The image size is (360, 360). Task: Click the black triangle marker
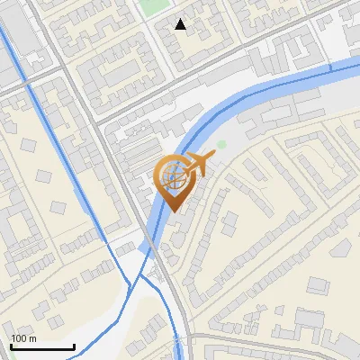[181, 24]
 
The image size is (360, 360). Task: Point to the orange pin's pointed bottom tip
[173, 212]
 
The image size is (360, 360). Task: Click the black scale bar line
[42, 346]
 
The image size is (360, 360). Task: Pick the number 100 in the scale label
[20, 338]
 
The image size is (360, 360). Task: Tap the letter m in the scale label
[33, 338]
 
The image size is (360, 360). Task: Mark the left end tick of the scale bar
[11, 345]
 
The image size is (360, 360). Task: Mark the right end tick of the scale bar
[74, 345]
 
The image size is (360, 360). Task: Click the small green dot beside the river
[221, 144]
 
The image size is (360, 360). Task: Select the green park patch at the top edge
[158, 7]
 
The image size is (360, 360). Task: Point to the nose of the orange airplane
[213, 158]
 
